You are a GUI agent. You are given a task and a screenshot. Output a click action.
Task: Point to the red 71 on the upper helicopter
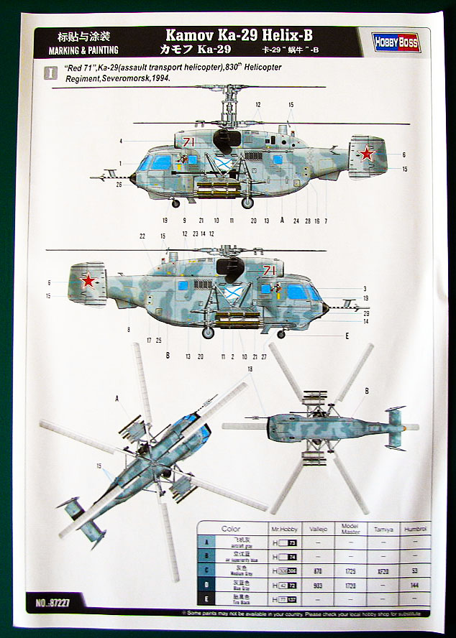click(x=189, y=142)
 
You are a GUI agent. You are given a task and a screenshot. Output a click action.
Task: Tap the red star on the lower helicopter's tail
click(x=88, y=280)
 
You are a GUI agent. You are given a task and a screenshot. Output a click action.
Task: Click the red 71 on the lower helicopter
click(x=270, y=270)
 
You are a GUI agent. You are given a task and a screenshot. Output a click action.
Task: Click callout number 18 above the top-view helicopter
click(x=250, y=369)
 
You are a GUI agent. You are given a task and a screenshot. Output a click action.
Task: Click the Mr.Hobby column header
click(x=285, y=530)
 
